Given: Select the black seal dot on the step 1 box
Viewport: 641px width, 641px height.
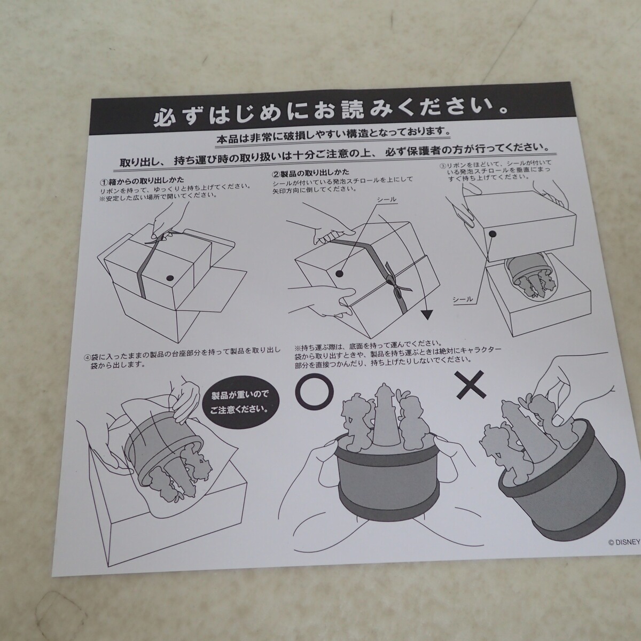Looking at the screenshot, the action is pyautogui.click(x=170, y=277).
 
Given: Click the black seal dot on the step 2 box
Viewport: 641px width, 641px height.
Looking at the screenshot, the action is pyautogui.click(x=339, y=273).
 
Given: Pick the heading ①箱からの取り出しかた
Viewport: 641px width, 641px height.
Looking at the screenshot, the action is pyautogui.click(x=142, y=180).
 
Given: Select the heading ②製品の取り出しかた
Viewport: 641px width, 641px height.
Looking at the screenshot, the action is pyautogui.click(x=310, y=173).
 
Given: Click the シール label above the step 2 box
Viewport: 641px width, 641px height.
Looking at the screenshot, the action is pyautogui.click(x=387, y=200).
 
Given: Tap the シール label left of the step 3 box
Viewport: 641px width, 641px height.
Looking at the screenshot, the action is pyautogui.click(x=463, y=299).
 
